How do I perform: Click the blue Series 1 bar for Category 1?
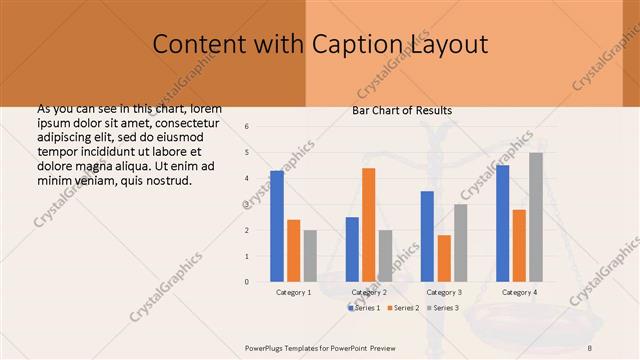[x=277, y=226]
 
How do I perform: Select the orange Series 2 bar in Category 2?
[x=369, y=224]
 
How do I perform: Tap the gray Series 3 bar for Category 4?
[x=536, y=216]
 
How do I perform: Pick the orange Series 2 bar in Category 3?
[x=444, y=258]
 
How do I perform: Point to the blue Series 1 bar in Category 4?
[x=502, y=223]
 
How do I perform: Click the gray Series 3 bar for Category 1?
[x=311, y=255]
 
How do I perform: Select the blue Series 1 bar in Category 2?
[x=352, y=249]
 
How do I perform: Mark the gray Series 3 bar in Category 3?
[x=461, y=242]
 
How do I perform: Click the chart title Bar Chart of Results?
[x=402, y=110]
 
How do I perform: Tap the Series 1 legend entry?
[x=364, y=308]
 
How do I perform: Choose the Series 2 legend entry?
[x=403, y=308]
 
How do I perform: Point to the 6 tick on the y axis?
[x=247, y=127]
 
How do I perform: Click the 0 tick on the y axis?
[x=247, y=282]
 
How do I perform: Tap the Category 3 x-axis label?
[x=444, y=292]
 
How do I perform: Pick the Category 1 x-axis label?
[x=294, y=292]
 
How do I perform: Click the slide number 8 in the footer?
[x=589, y=346]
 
